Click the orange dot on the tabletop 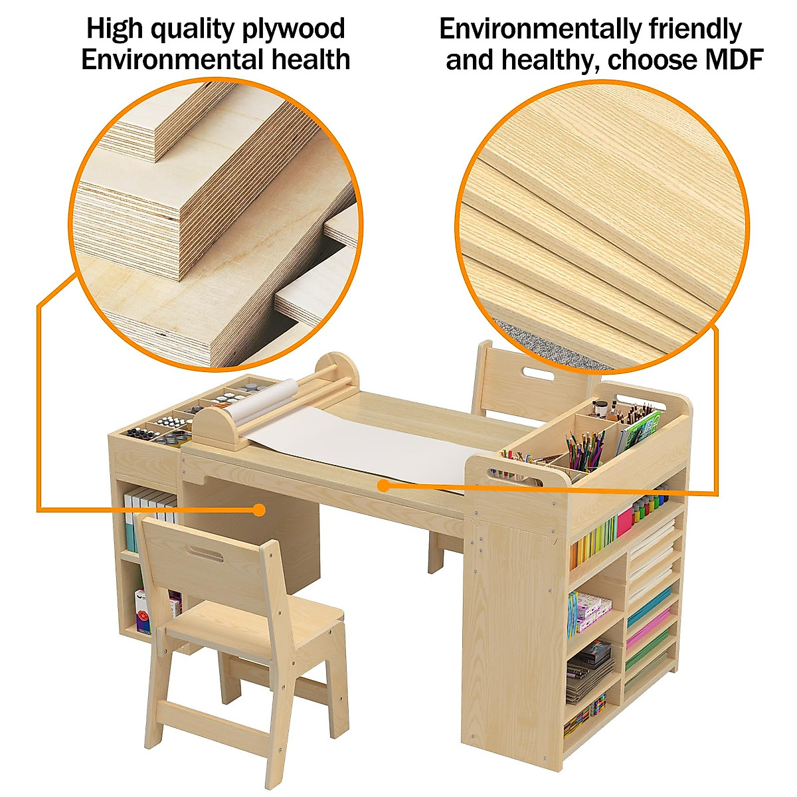point(383,486)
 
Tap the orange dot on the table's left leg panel point(260,509)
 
